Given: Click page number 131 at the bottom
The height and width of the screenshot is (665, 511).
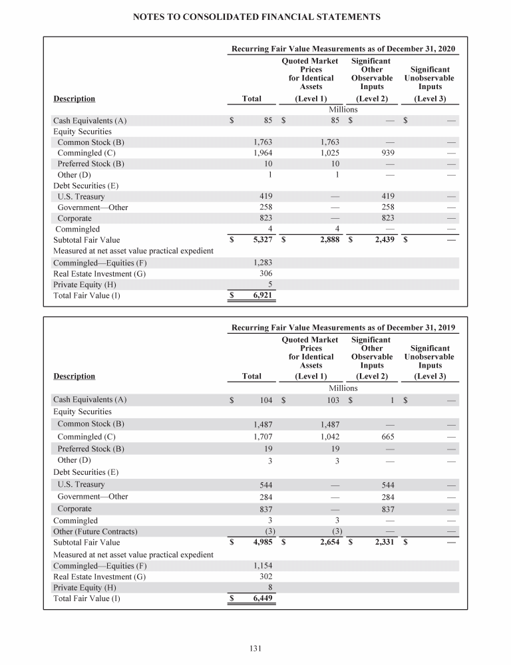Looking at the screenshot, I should click(x=255, y=648).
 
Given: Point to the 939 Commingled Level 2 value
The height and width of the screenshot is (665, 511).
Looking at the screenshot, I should click(x=387, y=153).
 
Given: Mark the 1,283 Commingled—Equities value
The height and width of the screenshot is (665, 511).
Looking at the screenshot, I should click(x=263, y=263).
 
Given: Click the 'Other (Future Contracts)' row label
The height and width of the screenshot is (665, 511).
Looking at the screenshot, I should click(x=95, y=531).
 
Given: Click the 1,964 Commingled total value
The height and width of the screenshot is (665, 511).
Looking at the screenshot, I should click(x=263, y=153).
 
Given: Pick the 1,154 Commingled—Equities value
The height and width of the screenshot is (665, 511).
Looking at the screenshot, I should click(x=263, y=565).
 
